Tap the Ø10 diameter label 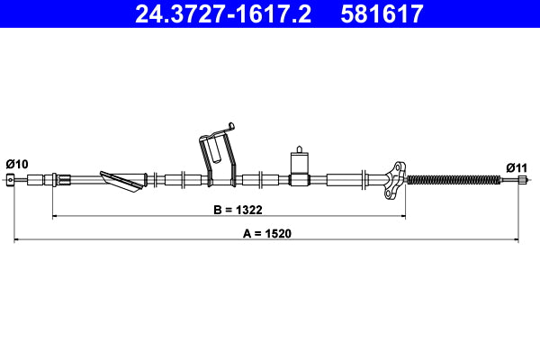point(17,164)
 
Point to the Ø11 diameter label point(516,166)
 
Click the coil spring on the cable point(452,180)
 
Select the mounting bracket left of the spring point(392,178)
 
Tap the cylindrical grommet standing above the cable point(299,162)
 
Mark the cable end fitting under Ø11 point(520,181)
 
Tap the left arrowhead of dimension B point(57,216)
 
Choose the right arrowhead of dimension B point(402,216)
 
